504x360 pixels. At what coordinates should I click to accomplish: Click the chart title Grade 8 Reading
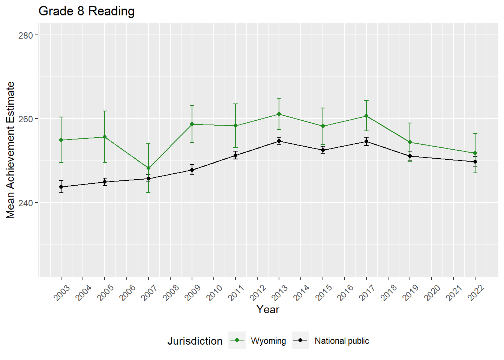point(87,11)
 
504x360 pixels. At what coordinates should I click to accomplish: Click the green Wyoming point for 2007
point(148,168)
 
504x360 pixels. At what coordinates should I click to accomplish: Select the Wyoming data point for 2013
point(279,114)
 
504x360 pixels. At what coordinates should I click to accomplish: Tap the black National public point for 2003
point(61,187)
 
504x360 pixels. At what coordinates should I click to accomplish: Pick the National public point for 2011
point(235,155)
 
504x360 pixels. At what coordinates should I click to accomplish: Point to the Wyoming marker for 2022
point(475,153)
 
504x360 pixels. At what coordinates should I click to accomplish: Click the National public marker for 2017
point(366,141)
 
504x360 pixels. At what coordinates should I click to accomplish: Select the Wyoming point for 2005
point(105,137)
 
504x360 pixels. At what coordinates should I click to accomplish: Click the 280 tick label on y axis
point(25,35)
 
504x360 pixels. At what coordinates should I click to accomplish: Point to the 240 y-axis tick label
point(25,203)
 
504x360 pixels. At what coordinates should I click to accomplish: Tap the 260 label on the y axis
point(25,119)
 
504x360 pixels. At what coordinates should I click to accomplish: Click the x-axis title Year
point(268,309)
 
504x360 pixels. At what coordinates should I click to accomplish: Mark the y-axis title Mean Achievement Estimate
point(10,150)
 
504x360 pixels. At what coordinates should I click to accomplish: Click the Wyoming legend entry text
point(268,341)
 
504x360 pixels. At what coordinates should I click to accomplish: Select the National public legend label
point(342,341)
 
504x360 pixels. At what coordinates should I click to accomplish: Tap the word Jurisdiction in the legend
point(195,341)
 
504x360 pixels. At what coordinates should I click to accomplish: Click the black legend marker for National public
point(300,340)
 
